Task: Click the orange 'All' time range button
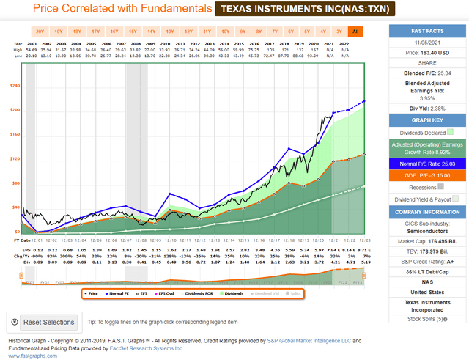point(355,32)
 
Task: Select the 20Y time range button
point(40,32)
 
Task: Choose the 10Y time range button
point(225,32)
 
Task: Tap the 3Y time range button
point(338,32)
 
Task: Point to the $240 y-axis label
point(14,86)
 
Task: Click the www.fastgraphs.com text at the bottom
point(30,356)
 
